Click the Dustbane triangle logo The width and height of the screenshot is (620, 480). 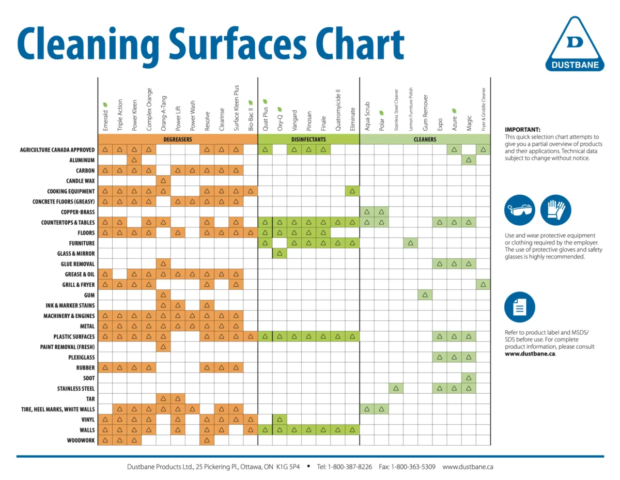click(x=575, y=44)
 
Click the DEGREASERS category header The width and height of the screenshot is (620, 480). click(x=178, y=140)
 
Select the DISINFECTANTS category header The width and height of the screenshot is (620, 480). click(x=308, y=140)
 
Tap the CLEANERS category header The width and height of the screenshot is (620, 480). click(x=425, y=140)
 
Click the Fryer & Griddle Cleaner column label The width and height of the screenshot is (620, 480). click(x=484, y=109)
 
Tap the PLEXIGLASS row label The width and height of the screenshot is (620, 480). click(x=81, y=357)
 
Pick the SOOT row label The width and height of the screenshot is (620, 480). click(x=87, y=378)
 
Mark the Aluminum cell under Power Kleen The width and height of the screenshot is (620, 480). click(x=134, y=160)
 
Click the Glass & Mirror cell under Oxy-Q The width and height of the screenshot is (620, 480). click(x=280, y=253)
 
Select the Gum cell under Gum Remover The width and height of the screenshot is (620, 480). click(x=425, y=295)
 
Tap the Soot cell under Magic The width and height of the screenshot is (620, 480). click(x=469, y=378)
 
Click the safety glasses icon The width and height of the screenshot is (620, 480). click(x=519, y=210)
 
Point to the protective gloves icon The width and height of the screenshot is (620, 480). click(x=555, y=210)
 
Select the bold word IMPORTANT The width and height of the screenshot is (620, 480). click(x=522, y=130)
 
